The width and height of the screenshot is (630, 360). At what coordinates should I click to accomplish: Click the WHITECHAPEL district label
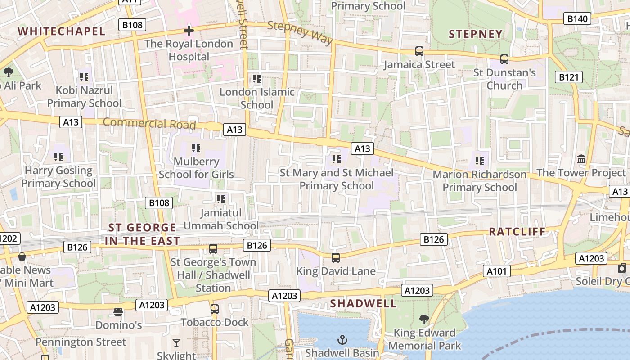coord(61,31)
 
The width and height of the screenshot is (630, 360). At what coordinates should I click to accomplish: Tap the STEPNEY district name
coord(476,34)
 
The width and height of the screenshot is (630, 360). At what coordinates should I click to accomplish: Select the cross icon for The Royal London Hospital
coord(189,31)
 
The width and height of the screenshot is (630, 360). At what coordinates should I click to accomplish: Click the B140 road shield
coord(577,18)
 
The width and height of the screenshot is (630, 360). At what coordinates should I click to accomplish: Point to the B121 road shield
coord(568,77)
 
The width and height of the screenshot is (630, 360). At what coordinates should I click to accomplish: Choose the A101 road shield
coord(497,271)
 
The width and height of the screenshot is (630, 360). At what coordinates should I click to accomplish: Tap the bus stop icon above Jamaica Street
coord(419,51)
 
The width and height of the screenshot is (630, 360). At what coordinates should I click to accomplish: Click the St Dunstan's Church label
coord(504,79)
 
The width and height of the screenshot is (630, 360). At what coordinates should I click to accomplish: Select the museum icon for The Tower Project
coord(581,159)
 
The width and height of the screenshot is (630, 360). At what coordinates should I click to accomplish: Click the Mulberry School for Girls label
coord(196,168)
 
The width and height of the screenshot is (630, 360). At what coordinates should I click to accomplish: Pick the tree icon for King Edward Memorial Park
coord(424,319)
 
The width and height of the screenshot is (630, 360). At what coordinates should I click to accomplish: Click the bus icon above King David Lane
coord(336,258)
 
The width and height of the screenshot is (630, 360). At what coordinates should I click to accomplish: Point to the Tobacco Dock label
coord(215,322)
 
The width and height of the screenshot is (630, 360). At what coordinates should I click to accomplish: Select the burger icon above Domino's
coord(118,312)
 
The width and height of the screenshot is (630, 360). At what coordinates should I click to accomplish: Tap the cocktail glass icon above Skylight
coord(176,343)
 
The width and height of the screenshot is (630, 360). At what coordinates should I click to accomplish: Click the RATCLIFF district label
coord(517,232)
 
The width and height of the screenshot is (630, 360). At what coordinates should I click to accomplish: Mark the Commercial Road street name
coord(149,123)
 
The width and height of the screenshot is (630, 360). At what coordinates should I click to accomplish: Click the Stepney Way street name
coord(300,32)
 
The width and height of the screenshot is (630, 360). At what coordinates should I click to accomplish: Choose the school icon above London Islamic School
coord(257,79)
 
